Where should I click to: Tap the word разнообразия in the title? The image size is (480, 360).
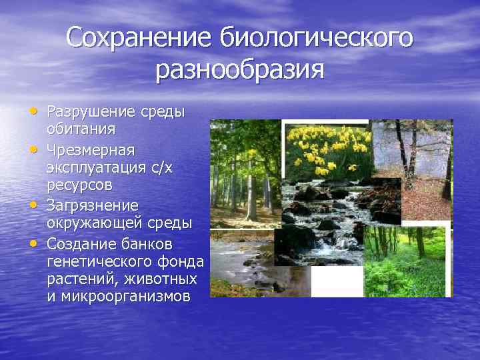240,70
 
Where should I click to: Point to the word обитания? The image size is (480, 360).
81,128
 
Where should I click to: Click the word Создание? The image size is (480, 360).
80,241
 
